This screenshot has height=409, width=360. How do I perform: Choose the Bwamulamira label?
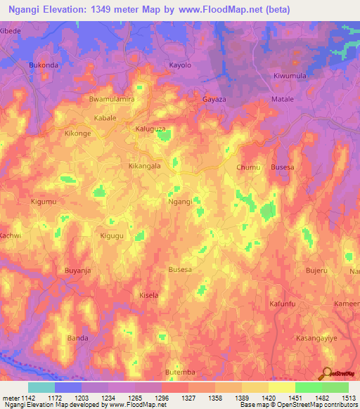(x=111, y=99)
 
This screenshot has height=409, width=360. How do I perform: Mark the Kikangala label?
(x=145, y=167)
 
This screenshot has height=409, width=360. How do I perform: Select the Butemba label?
(x=179, y=371)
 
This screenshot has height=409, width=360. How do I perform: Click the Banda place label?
(x=77, y=338)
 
